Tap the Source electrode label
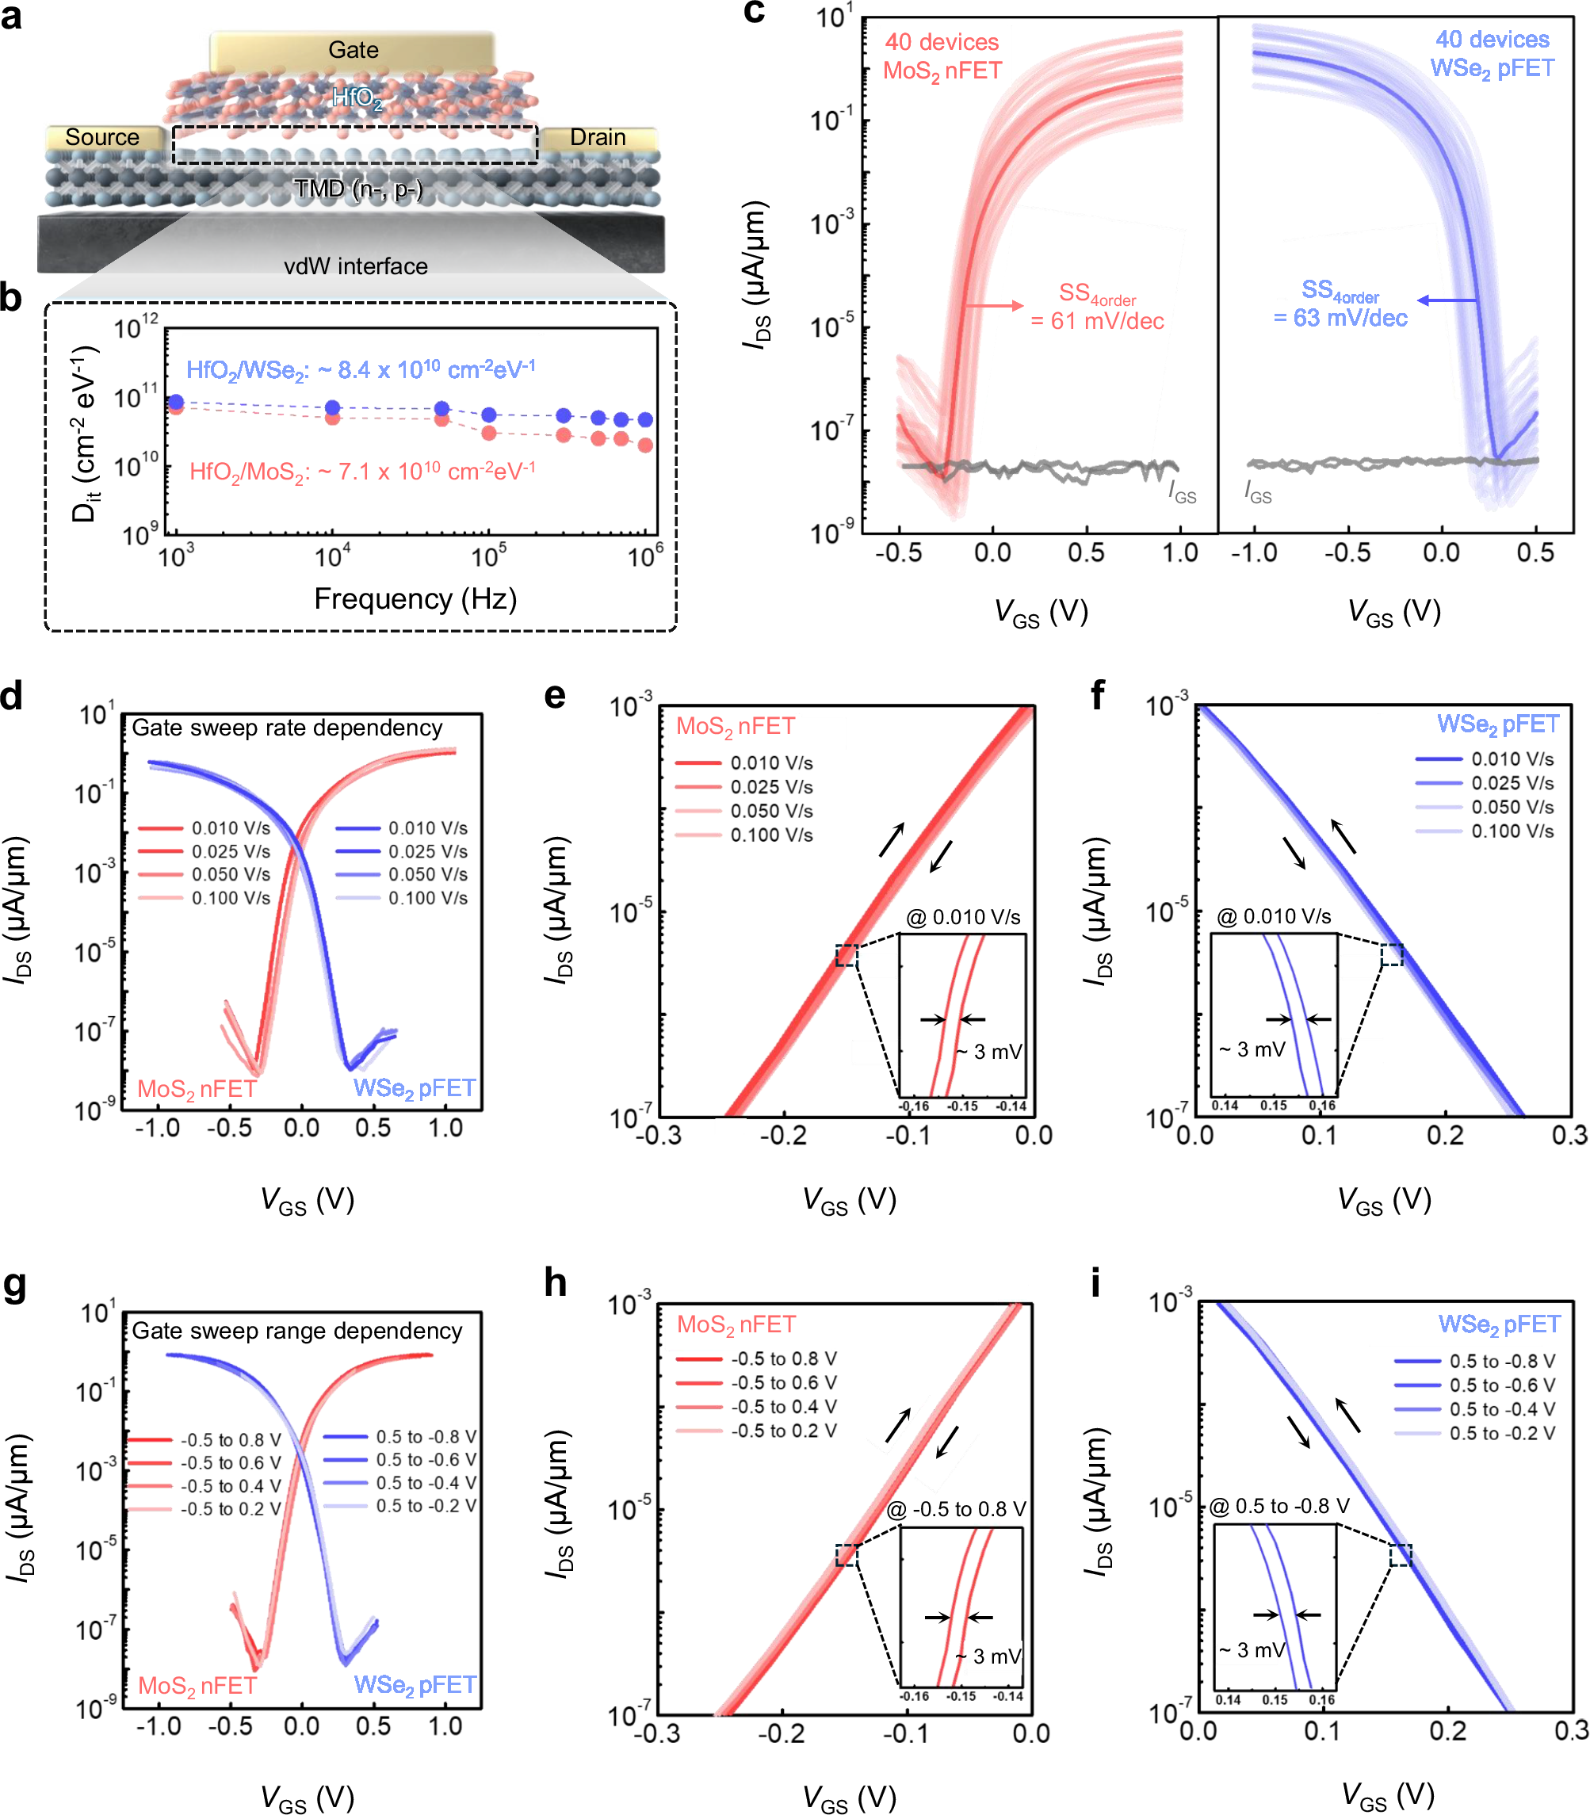102,137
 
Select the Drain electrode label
597,137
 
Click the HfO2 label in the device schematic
357,97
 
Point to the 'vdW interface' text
355,266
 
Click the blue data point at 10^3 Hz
176,402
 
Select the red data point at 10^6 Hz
645,445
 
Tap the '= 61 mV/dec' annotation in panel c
1097,321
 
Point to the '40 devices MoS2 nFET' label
942,56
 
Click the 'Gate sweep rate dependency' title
287,728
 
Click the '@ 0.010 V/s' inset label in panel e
963,917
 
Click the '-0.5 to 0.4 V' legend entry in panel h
755,1407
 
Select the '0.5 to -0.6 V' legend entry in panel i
1473,1385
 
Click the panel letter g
15,1286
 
